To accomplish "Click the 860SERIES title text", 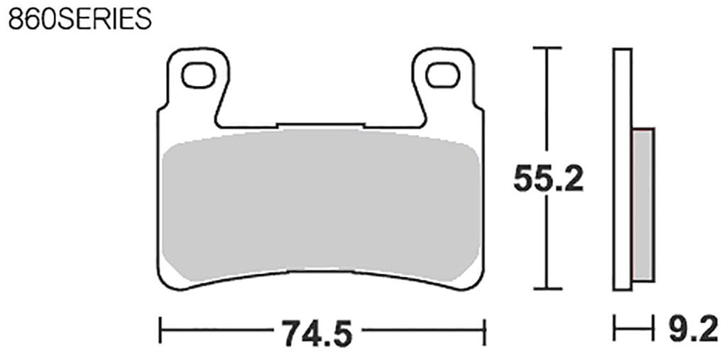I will [x=80, y=18].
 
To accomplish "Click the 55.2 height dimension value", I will [x=548, y=178].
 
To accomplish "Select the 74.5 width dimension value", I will [x=317, y=333].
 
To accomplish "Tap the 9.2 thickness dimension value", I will [x=693, y=329].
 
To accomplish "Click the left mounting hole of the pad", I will [x=198, y=75].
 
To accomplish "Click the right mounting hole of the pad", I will [x=442, y=75].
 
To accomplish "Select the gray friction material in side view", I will [x=643, y=204].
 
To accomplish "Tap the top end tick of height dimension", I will [x=546, y=48].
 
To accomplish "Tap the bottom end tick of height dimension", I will [x=546, y=288].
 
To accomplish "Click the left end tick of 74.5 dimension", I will [x=160, y=331].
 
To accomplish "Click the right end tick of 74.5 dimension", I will [x=483, y=331].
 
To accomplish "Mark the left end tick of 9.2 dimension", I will [x=615, y=329].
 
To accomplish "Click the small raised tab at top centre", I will [x=319, y=126].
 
